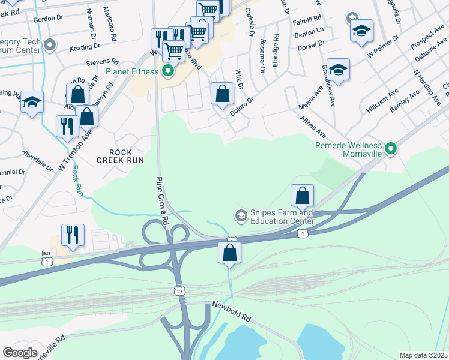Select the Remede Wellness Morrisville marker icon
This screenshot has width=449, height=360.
click(391, 147)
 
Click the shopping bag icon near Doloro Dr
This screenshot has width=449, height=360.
click(222, 94)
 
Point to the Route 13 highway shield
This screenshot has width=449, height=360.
click(179, 291)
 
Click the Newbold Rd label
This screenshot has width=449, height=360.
click(231, 312)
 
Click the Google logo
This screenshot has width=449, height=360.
click(19, 353)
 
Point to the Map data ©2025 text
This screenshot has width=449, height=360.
click(424, 355)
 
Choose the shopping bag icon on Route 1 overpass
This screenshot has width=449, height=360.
click(229, 253)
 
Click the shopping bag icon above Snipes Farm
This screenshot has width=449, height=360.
click(302, 195)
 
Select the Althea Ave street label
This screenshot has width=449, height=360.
click(312, 125)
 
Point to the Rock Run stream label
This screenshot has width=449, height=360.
click(76, 181)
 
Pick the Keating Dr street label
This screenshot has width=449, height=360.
click(83, 47)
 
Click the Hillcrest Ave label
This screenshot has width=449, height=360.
click(382, 102)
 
